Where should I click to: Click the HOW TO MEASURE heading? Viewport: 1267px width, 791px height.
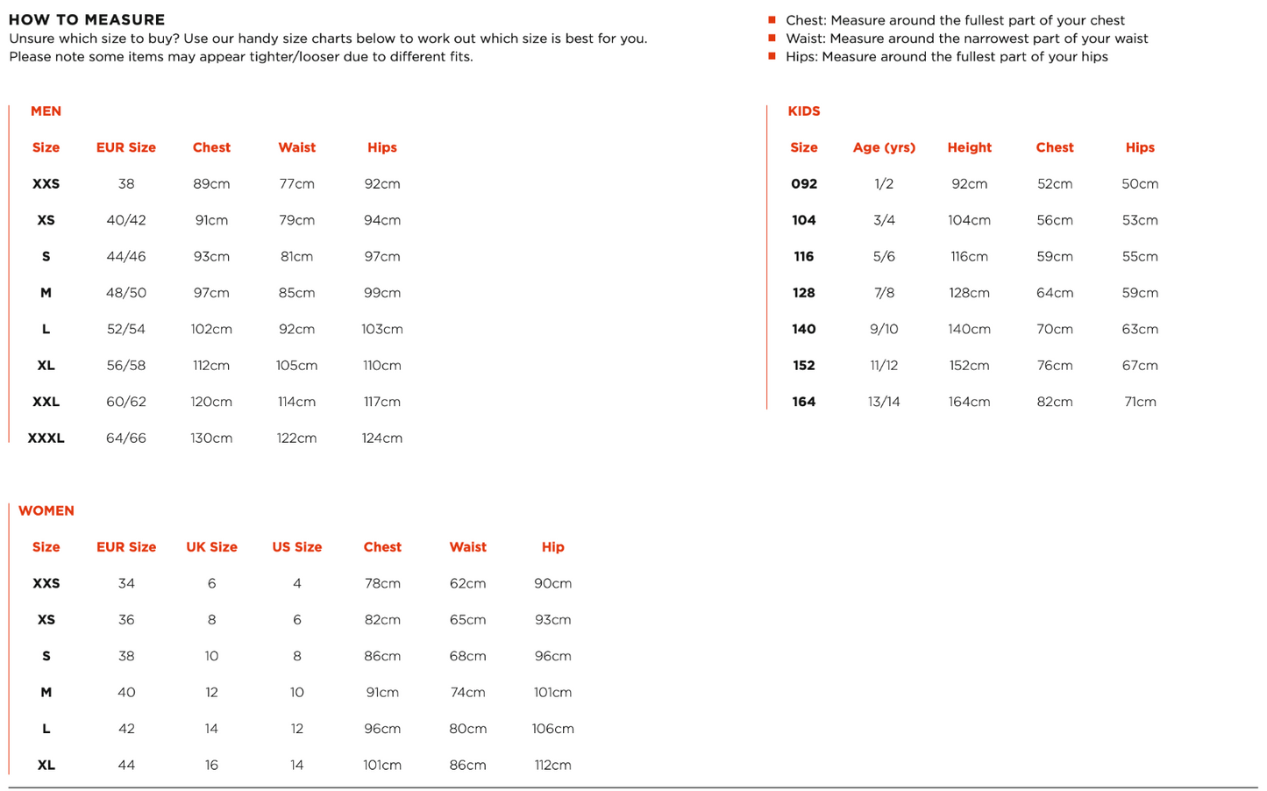click(87, 19)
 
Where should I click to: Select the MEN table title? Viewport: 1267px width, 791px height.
click(46, 111)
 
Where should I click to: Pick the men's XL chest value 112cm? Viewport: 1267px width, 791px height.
click(211, 366)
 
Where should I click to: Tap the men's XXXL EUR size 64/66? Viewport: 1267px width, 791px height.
click(126, 438)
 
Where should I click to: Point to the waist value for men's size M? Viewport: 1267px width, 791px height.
click(296, 293)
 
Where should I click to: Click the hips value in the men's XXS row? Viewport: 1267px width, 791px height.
click(382, 184)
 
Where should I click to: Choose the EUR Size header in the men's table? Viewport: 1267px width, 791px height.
click(126, 147)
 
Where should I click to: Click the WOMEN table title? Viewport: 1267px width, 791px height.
click(46, 510)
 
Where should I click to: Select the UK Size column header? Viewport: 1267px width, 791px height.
click(211, 547)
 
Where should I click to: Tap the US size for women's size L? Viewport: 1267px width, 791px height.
click(297, 729)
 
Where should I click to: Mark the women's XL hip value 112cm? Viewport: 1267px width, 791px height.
click(552, 766)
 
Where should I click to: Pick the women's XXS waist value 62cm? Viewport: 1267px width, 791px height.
click(467, 583)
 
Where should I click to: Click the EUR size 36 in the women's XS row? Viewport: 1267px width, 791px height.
click(126, 620)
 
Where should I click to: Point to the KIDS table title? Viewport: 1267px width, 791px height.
click(804, 111)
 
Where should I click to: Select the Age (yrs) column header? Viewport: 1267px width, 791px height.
click(884, 147)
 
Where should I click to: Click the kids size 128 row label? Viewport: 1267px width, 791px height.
click(804, 293)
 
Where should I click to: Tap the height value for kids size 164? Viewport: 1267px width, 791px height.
click(969, 402)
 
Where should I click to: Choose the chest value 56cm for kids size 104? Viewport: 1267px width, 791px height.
click(1054, 220)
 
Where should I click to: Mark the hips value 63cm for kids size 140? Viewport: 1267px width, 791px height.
click(1140, 330)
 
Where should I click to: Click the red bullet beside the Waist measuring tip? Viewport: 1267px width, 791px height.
click(772, 38)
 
